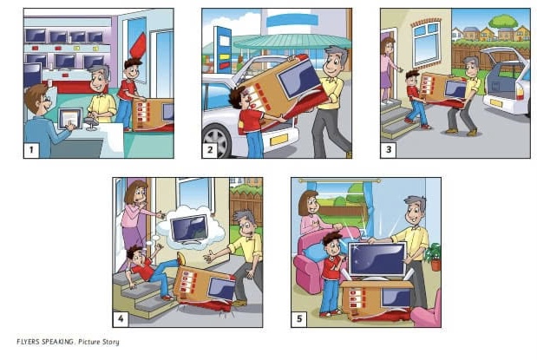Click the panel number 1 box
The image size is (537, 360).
[x=31, y=150]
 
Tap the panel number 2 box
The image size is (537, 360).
[x=210, y=150]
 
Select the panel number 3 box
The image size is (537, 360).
[x=389, y=150]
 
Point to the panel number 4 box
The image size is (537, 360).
[x=121, y=319]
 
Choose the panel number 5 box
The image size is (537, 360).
[x=299, y=319]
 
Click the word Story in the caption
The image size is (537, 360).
[x=110, y=342]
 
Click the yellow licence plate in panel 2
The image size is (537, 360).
[x=278, y=140]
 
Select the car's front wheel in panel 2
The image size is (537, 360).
[x=216, y=141]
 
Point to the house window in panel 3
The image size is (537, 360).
[x=426, y=43]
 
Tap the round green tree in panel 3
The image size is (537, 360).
[x=503, y=21]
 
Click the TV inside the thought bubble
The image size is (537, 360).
[x=189, y=229]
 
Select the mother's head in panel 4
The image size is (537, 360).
[x=136, y=193]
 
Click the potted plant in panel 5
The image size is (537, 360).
[x=433, y=257]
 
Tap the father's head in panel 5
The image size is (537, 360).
[x=416, y=210]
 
